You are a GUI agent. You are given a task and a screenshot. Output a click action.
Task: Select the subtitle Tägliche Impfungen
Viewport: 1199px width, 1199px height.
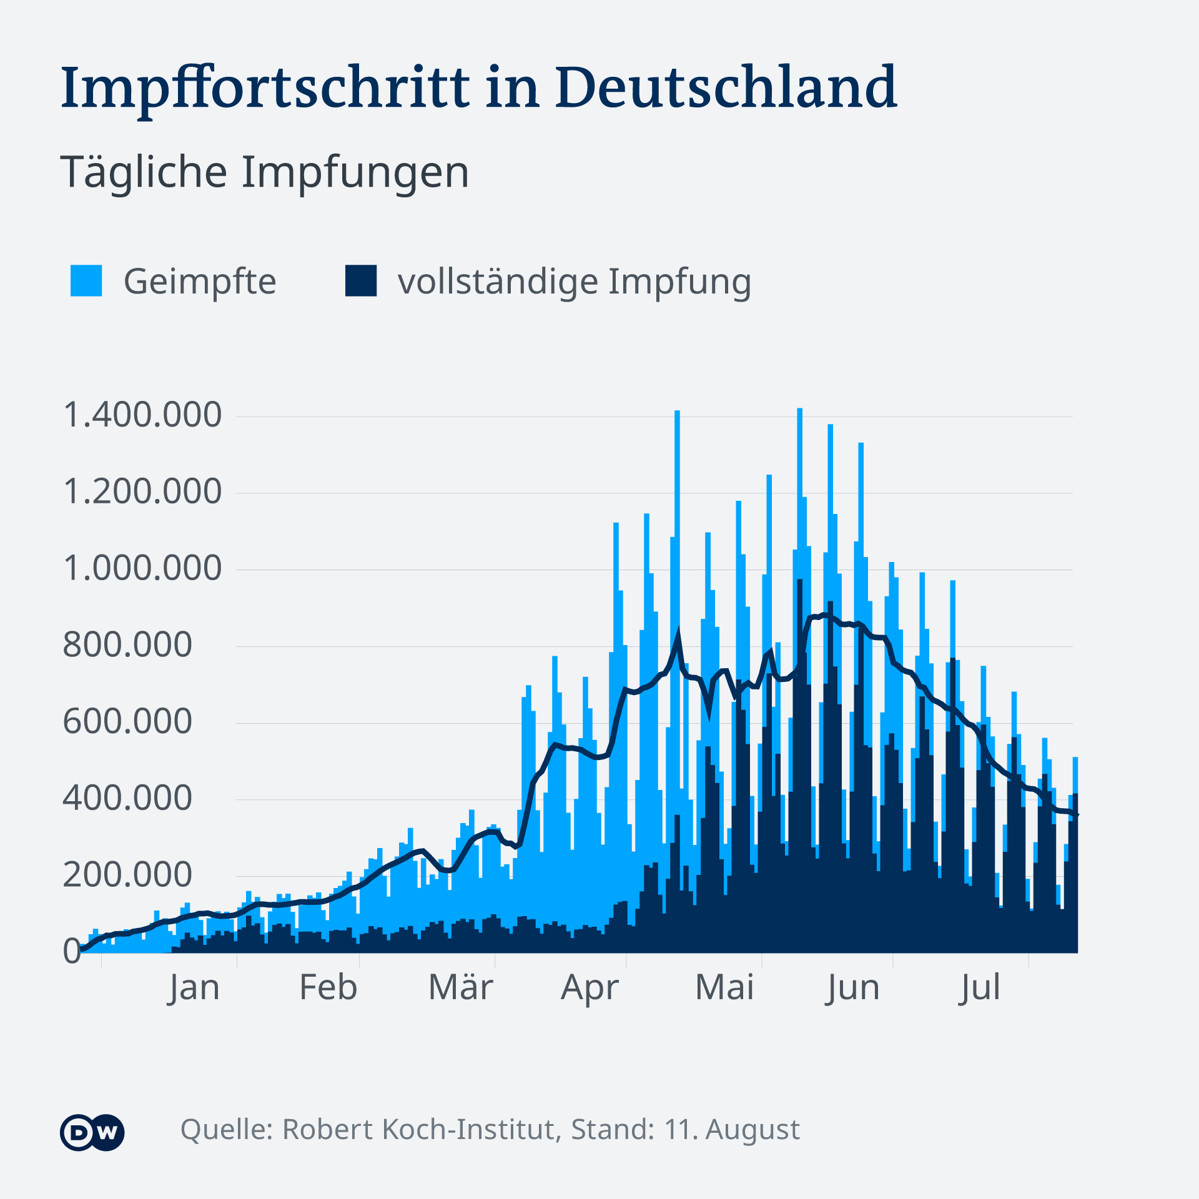pos(265,172)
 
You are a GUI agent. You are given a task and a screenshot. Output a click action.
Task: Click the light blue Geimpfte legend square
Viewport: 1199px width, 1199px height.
pos(86,280)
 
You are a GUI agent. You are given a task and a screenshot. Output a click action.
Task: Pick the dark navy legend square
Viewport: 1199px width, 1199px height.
pos(361,280)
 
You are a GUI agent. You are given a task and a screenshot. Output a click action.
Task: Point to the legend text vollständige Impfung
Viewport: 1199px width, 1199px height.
pos(574,282)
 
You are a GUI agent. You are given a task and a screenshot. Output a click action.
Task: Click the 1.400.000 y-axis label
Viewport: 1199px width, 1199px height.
pos(142,415)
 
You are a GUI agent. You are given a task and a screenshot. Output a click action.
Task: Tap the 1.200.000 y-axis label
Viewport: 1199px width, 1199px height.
pos(142,491)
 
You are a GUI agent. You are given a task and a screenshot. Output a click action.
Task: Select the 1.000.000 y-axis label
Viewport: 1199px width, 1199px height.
pos(142,568)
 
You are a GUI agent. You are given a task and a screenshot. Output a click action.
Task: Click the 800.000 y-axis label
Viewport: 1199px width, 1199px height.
pos(127,645)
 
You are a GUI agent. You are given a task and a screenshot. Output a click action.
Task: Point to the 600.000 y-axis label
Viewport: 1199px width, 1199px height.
pos(127,722)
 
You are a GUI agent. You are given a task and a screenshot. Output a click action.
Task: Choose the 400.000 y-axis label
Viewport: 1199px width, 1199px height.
pos(127,798)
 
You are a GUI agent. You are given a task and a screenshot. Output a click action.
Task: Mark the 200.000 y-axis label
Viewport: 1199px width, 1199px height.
pos(127,875)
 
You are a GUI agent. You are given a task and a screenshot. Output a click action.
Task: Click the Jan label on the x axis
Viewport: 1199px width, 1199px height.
pos(194,988)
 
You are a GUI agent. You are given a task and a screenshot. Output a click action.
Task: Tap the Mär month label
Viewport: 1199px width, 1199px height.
pos(460,988)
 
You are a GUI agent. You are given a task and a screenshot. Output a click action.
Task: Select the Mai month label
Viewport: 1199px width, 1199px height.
pos(724,988)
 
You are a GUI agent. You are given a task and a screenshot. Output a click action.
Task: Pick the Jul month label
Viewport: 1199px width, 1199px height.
pos(979,988)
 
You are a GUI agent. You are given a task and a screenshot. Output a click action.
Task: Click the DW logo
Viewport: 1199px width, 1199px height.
pos(92,1132)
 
